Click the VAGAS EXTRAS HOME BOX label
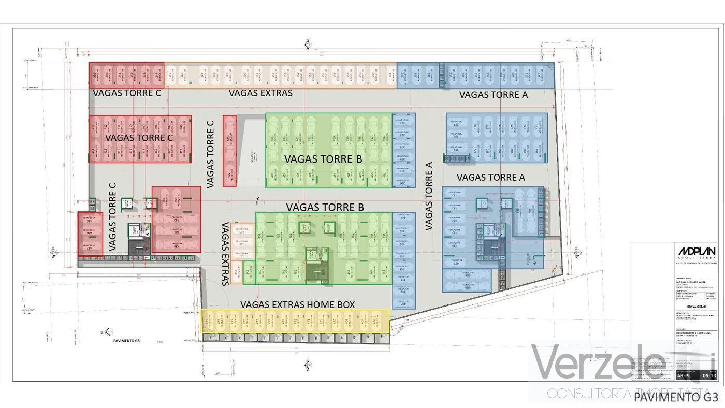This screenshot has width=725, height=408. click(298, 304)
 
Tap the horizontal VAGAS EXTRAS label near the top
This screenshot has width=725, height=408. click(260, 93)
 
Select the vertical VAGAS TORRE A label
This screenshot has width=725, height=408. click(429, 196)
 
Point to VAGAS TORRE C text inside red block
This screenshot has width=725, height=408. click(139, 138)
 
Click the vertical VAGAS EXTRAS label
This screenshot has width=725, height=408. click(225, 254)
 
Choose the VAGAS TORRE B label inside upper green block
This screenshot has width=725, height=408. click(323, 159)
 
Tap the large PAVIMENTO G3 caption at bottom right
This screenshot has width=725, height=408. click(676, 397)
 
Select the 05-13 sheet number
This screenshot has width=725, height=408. click(709, 376)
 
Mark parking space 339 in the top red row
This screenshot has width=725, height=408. click(94, 76)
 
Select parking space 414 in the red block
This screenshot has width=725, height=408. click(94, 152)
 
